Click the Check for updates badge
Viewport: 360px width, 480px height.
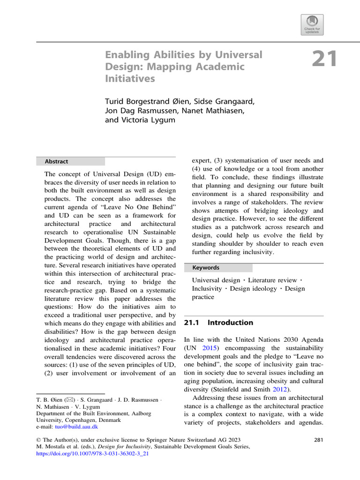(312, 24)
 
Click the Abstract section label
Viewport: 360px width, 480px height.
(56, 161)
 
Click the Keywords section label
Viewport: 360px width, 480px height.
(206, 268)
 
